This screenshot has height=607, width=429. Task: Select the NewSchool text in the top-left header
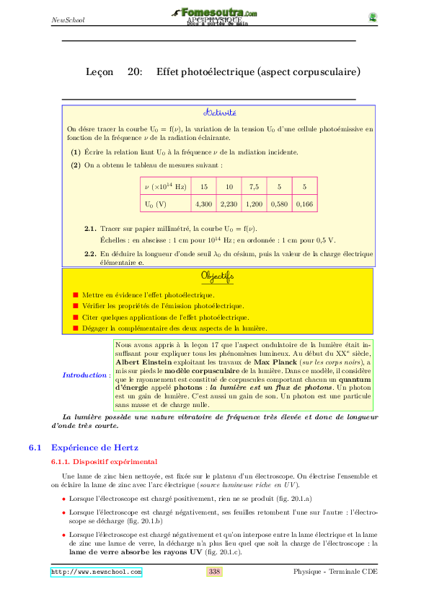68,19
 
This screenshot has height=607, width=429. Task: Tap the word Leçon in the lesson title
99,72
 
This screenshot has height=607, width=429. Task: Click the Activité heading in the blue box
218,113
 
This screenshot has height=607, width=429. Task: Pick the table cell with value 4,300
203,204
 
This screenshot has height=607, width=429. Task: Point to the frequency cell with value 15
203,187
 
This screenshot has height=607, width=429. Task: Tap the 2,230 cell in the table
229,204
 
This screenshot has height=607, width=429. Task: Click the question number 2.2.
90,254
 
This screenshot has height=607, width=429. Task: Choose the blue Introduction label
84,375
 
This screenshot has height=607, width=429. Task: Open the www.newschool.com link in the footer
96,572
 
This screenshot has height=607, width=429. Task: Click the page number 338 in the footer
214,572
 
